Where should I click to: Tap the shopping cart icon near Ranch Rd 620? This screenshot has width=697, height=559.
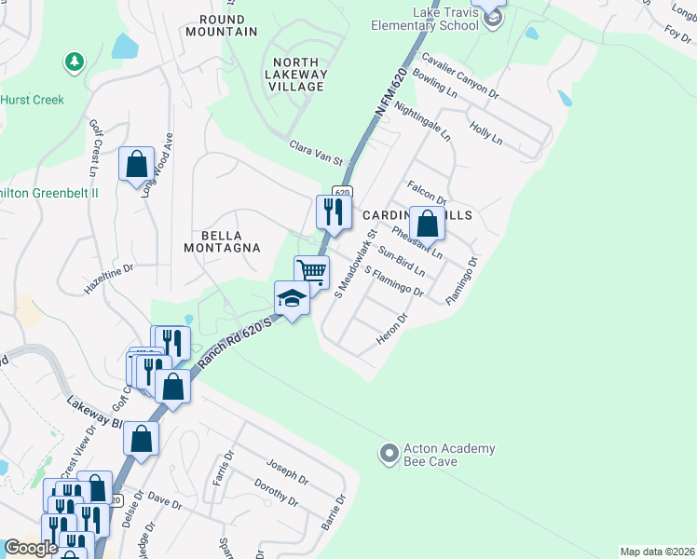pos(311,272)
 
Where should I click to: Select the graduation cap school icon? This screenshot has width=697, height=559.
pos(291,299)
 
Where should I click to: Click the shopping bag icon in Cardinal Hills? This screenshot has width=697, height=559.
pos(427,224)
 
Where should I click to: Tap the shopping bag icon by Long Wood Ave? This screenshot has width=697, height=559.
pos(136,164)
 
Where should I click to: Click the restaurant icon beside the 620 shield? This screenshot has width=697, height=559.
pos(333,211)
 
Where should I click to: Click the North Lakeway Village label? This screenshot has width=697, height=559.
pos(295,74)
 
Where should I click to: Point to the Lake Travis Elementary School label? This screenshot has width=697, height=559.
pos(433,19)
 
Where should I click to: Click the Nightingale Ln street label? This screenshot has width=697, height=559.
pos(423,122)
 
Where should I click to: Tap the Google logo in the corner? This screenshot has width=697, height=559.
pos(31,548)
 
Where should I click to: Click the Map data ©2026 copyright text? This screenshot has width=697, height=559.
pos(657,552)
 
